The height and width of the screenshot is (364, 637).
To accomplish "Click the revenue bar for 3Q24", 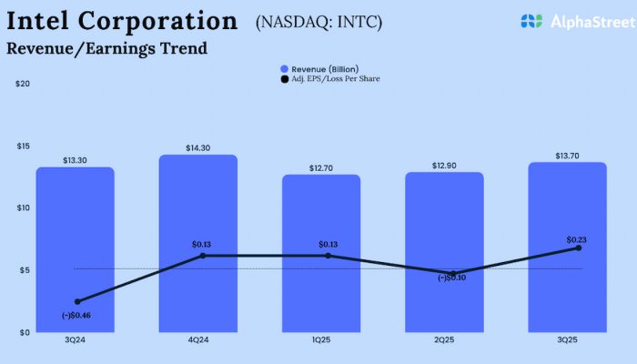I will pyautogui.click(x=75, y=250).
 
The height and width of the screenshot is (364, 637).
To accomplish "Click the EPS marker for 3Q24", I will pyautogui.click(x=76, y=301).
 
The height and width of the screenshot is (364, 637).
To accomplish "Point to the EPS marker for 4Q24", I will pyautogui.click(x=202, y=256).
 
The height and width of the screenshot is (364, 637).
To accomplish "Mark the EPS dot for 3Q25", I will pyautogui.click(x=578, y=248).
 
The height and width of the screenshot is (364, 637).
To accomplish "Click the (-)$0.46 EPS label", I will pyautogui.click(x=76, y=315).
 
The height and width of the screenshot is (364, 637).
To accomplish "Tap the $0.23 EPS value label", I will pyautogui.click(x=576, y=237).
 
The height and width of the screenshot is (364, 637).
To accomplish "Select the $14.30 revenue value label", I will pyautogui.click(x=198, y=147).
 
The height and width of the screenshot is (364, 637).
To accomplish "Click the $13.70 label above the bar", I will pyautogui.click(x=568, y=156).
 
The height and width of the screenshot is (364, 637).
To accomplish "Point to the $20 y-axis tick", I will pyautogui.click(x=23, y=84).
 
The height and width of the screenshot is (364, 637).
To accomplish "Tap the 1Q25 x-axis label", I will pyautogui.click(x=321, y=339).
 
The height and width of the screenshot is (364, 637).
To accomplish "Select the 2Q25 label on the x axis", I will pyautogui.click(x=444, y=339).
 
